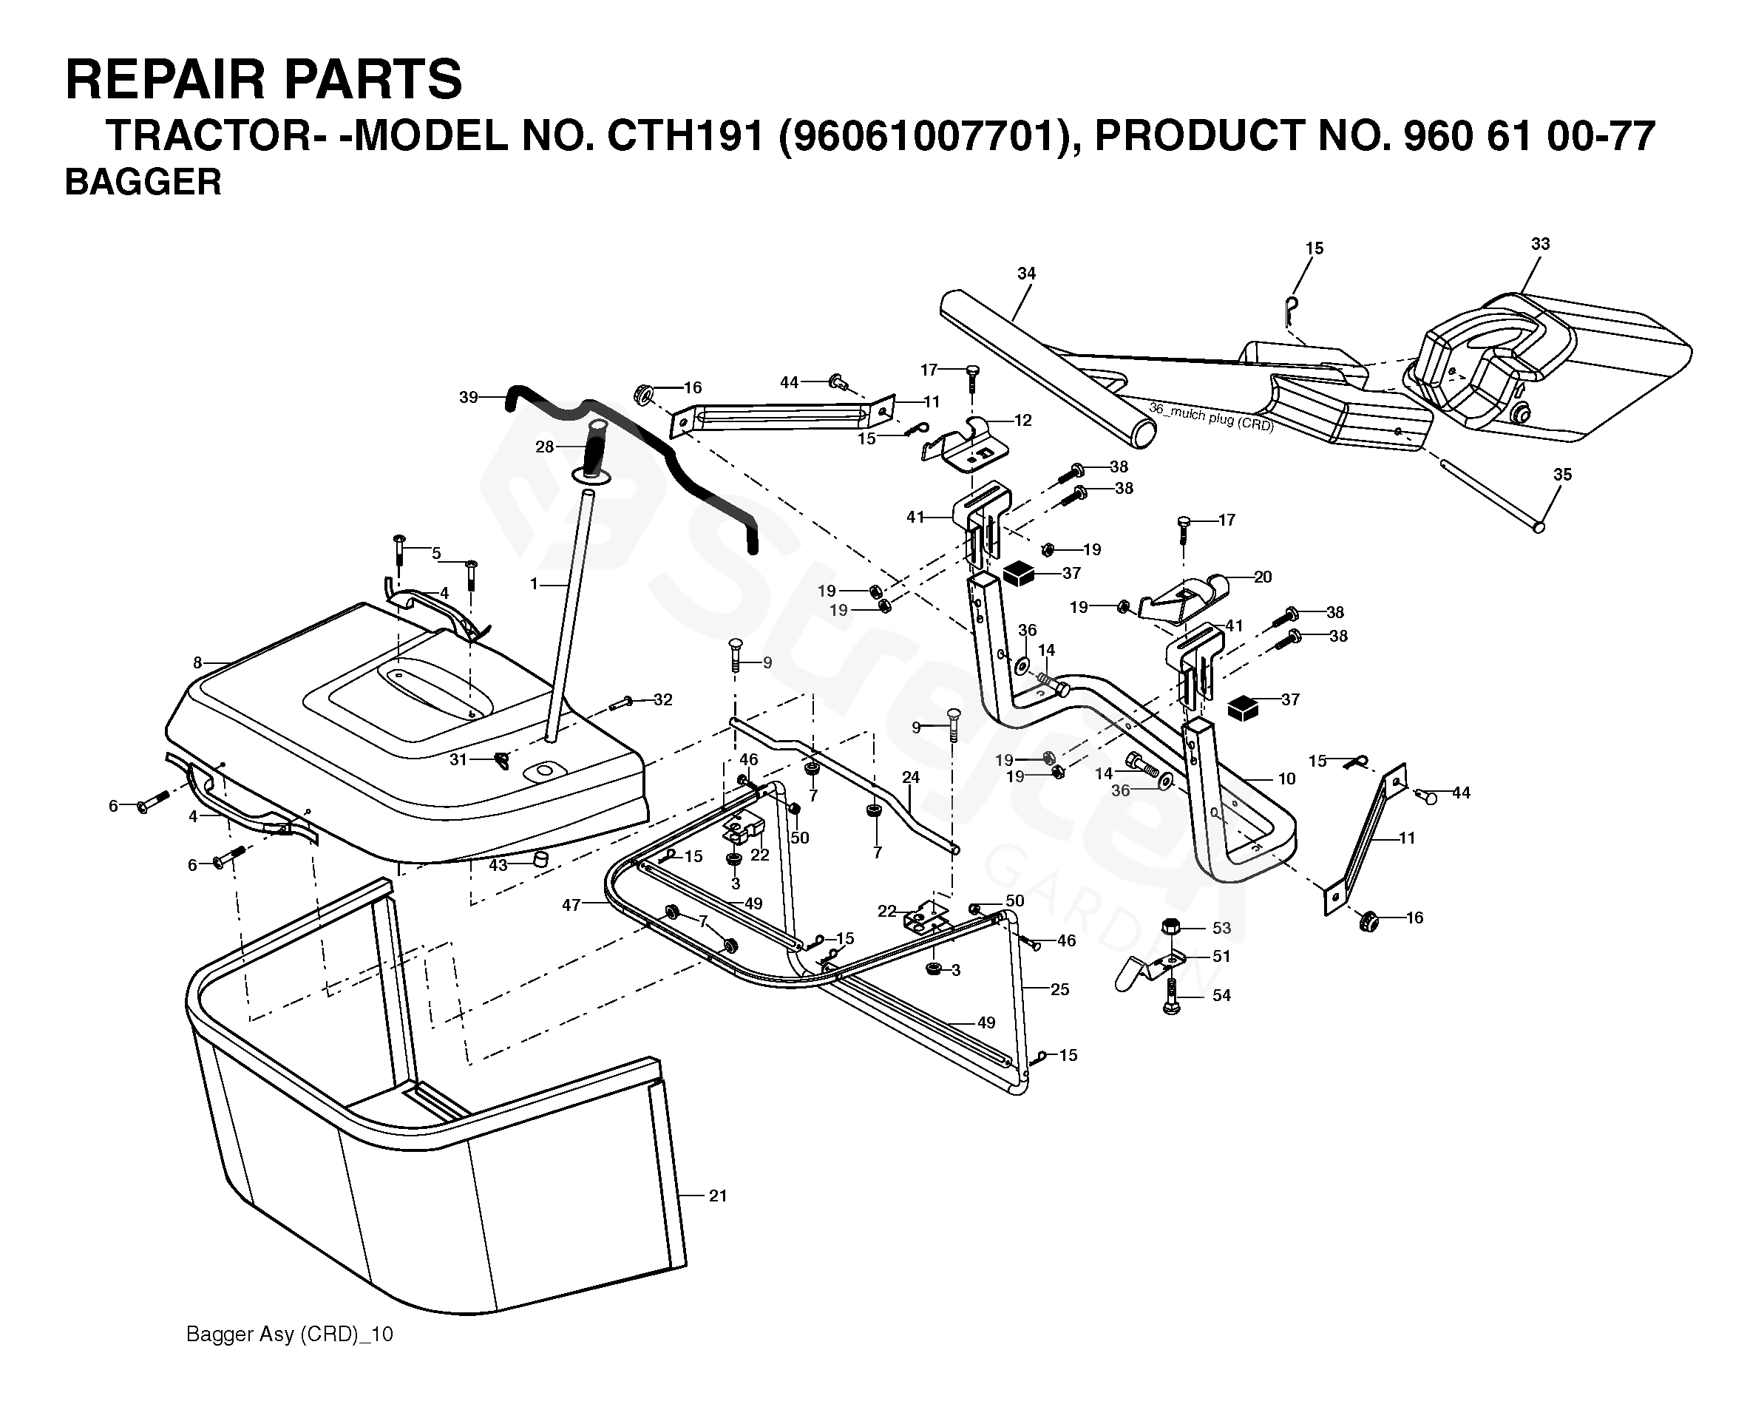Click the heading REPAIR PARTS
point(263,79)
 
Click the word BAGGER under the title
point(143,182)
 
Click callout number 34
point(1026,274)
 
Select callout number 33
point(1540,244)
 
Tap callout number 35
point(1562,475)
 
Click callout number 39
point(468,398)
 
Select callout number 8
point(197,662)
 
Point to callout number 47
point(571,905)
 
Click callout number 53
point(1221,928)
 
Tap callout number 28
point(544,446)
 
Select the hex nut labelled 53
point(1171,927)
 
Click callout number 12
point(1022,421)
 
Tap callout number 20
point(1263,577)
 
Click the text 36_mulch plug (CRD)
point(1211,416)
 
